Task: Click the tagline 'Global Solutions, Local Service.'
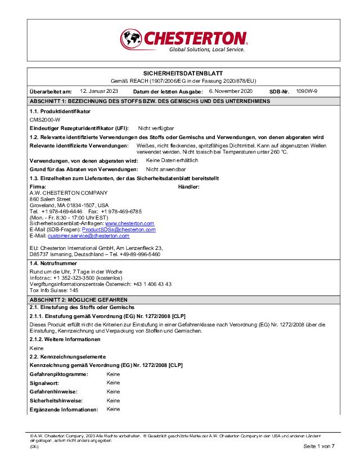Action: point(207,50)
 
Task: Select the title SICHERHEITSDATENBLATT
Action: point(183,74)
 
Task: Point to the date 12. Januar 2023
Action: point(99,91)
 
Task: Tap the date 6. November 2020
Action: point(231,91)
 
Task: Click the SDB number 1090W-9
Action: point(307,91)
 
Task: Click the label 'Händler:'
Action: point(189,187)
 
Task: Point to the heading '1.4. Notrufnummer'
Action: point(53,263)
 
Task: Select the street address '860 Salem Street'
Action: point(50,199)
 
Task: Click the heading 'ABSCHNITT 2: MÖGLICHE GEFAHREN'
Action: point(79,300)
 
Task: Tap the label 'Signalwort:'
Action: point(43,383)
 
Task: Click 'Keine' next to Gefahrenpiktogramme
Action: point(113,374)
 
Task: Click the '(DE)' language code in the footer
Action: point(34,446)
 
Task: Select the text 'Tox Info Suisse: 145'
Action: point(54,290)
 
